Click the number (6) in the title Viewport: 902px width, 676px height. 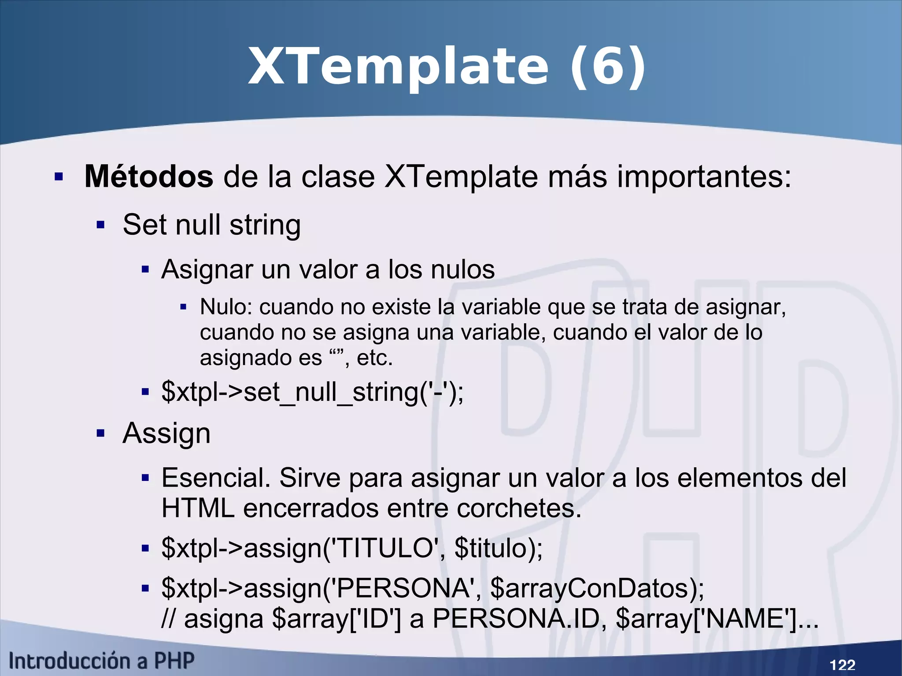click(x=608, y=67)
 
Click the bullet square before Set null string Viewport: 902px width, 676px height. click(x=101, y=225)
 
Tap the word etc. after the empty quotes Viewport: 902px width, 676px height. click(x=374, y=358)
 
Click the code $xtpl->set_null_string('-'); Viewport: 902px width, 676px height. click(x=312, y=392)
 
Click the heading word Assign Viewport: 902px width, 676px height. click(x=166, y=433)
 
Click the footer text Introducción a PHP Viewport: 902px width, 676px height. click(x=101, y=661)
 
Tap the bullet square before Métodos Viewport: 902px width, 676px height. click(x=59, y=177)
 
